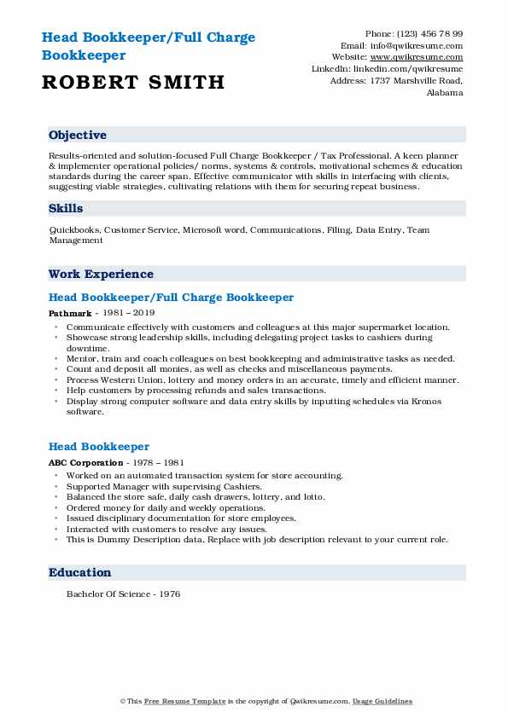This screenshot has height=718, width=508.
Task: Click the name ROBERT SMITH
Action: click(x=131, y=82)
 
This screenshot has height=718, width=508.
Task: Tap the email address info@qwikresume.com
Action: click(x=423, y=46)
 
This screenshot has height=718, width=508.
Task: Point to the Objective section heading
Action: click(x=78, y=136)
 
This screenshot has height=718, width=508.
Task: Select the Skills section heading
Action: click(x=66, y=208)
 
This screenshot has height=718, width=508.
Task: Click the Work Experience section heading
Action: click(x=101, y=275)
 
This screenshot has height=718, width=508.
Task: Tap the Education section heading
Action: click(x=79, y=573)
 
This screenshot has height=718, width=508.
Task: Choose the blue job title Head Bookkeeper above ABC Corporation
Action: click(x=99, y=447)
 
